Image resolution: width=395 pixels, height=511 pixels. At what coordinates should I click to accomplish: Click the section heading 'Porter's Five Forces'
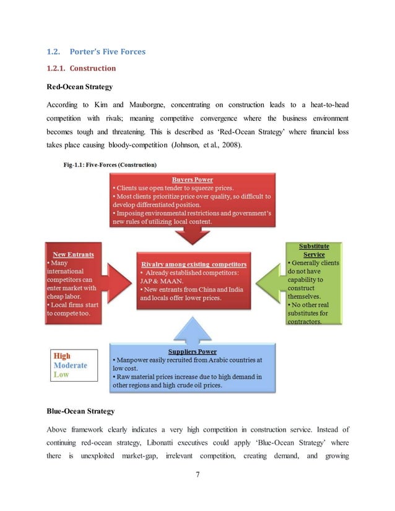(109, 51)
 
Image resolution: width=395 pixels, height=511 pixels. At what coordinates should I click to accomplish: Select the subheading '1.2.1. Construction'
(81, 68)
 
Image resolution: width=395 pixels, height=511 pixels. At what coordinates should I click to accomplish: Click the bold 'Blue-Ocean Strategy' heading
(80, 411)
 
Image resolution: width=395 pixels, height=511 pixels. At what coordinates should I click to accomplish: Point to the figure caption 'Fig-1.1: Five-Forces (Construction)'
(110, 165)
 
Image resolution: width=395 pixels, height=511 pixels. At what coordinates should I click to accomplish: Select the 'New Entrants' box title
(69, 254)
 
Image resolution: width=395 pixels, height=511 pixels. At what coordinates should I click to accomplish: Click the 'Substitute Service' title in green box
(314, 250)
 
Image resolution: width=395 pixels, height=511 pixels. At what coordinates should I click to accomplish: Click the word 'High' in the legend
(62, 356)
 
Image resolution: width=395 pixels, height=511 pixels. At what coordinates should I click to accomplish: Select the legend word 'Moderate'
(71, 366)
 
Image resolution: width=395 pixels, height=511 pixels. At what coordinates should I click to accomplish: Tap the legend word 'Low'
(61, 375)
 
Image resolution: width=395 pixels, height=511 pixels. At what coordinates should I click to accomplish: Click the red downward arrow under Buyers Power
(192, 236)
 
